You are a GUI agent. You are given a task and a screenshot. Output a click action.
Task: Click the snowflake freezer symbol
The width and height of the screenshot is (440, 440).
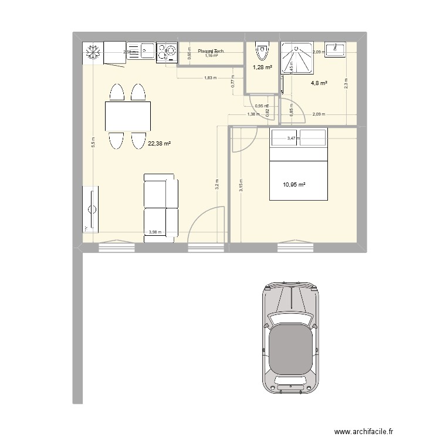(x=92, y=53)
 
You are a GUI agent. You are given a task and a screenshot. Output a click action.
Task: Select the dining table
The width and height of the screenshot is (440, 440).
(x=127, y=116)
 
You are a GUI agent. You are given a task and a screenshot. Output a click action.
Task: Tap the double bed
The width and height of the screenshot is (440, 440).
(x=298, y=165)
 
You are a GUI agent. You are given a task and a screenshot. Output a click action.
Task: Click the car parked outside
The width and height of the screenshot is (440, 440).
(x=292, y=338)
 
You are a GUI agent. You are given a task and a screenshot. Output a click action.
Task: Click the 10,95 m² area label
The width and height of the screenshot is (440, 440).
(x=294, y=185)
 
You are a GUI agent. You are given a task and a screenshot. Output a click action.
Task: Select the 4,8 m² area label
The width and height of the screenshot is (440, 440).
(x=319, y=83)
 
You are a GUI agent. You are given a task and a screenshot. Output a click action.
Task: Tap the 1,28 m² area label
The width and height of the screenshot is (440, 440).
(x=262, y=67)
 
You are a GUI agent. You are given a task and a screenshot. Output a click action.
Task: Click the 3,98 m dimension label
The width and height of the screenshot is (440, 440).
(x=154, y=232)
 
